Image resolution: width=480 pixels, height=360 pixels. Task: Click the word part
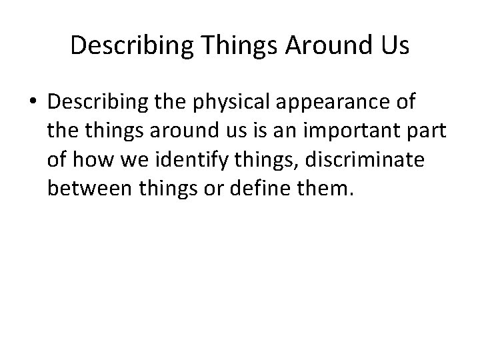[x=426, y=132]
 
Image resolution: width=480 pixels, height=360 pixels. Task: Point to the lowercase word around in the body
[x=179, y=132]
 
